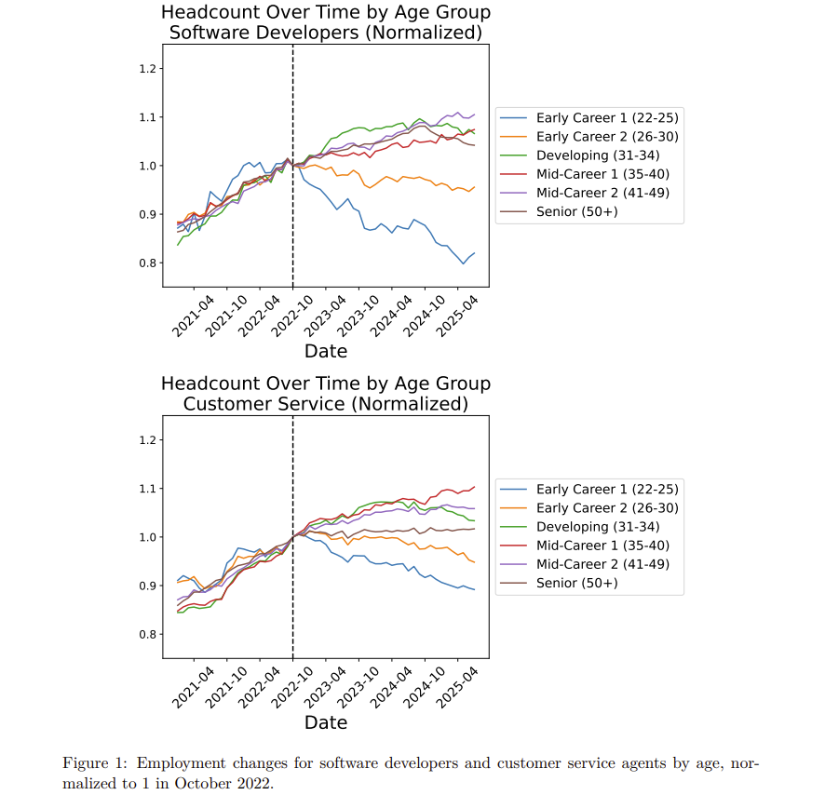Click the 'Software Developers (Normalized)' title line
pos(325,33)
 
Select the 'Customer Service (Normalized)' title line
pos(325,404)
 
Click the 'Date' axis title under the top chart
pos(326,351)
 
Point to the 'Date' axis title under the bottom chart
pos(326,722)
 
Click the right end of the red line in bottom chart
pos(474,486)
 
